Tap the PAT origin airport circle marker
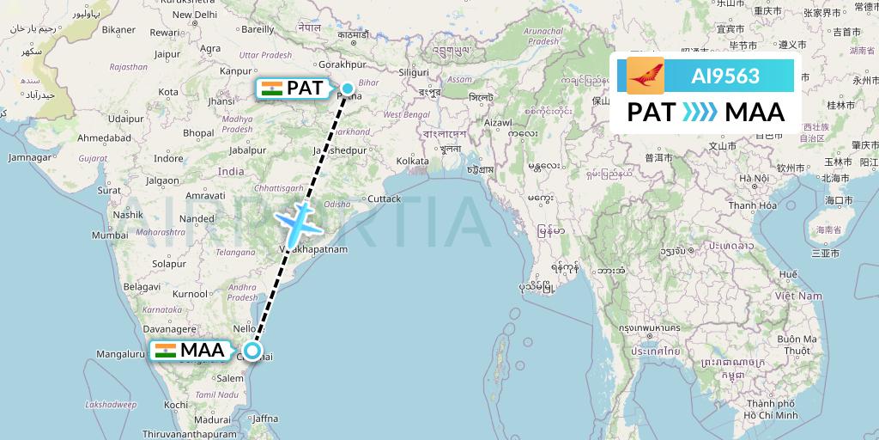[348, 88]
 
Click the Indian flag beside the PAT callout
[271, 88]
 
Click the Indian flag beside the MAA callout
[166, 351]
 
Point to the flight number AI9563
[725, 76]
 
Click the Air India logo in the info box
[646, 76]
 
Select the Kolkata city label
[412, 161]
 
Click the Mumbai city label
[110, 235]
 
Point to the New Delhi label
[194, 15]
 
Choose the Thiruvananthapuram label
[190, 434]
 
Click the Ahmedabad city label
[80, 137]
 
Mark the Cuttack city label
[384, 199]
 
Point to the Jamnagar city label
[29, 157]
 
